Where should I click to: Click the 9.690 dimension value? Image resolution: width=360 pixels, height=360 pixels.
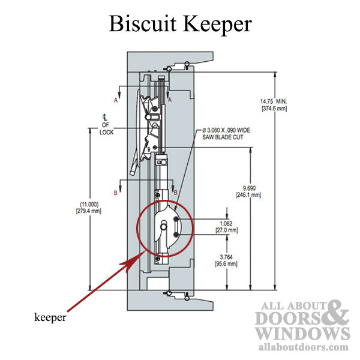pos(247,188)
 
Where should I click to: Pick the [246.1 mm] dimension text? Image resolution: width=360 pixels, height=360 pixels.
pos(247,196)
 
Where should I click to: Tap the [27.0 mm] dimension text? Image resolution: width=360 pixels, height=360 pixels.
pos(226,230)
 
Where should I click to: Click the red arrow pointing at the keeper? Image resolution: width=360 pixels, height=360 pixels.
pos(102,286)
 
